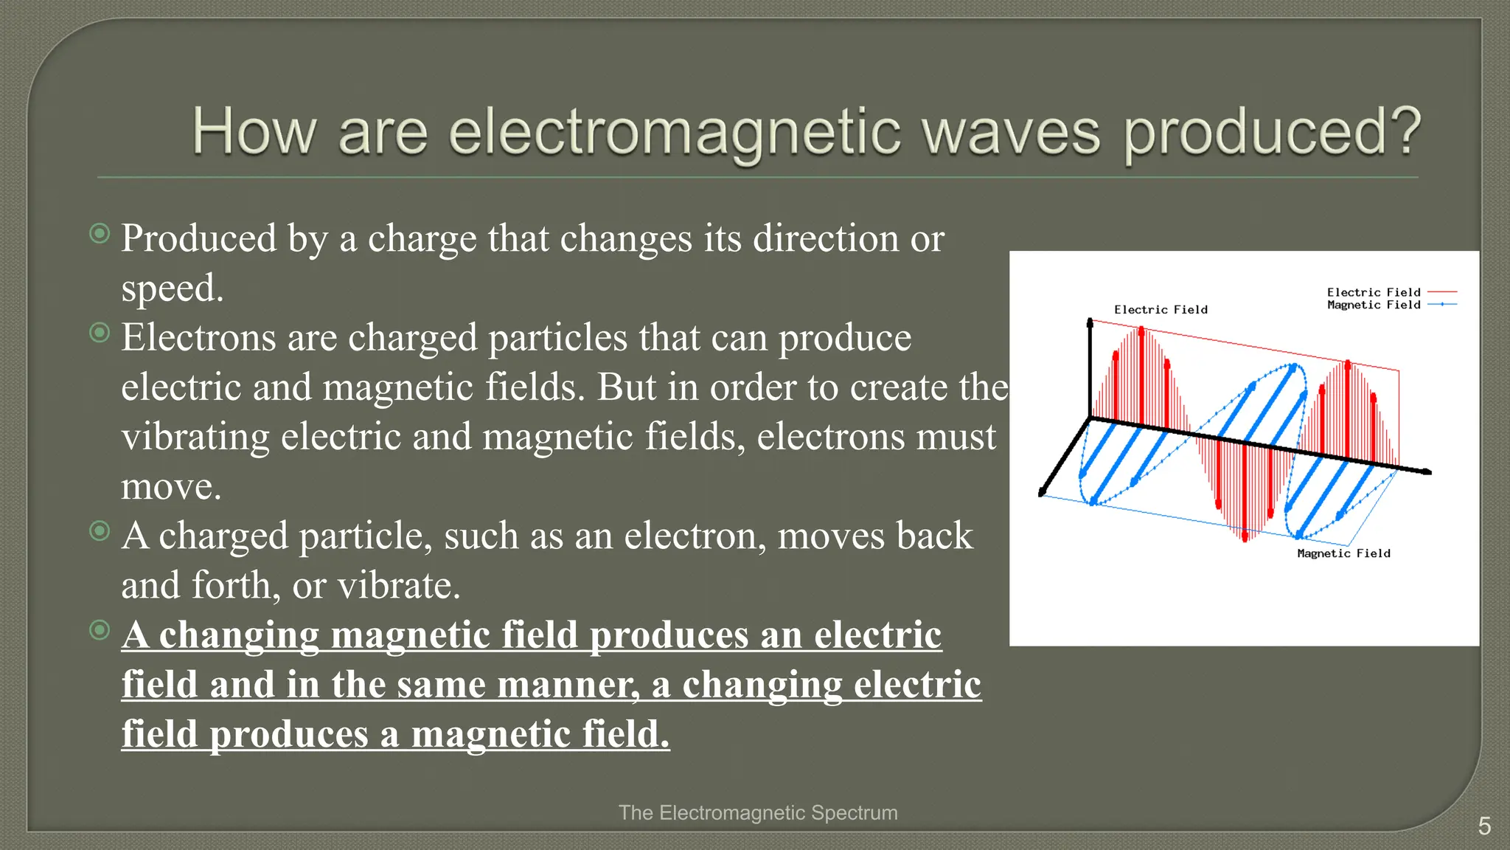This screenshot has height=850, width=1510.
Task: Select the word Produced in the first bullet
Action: pos(199,239)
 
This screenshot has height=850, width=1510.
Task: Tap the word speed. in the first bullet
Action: pos(172,288)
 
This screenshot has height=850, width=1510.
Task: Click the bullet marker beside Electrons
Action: pos(100,333)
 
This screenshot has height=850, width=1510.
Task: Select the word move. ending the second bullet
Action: pos(171,487)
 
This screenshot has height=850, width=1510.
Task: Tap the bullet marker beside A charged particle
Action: pos(100,531)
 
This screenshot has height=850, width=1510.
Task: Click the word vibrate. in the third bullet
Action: pos(399,586)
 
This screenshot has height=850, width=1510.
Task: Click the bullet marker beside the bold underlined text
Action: pos(100,629)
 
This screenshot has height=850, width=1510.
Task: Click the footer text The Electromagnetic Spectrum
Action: pos(758,812)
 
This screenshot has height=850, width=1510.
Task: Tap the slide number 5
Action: pos(1484,826)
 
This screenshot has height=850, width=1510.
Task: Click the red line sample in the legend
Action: pos(1442,292)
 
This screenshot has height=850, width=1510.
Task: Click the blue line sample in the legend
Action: pos(1442,304)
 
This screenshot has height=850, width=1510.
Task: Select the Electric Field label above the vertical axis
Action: pos(1161,310)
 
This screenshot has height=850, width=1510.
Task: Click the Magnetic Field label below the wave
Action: pos(1343,553)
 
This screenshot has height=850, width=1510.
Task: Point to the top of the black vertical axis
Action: pos(1090,322)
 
